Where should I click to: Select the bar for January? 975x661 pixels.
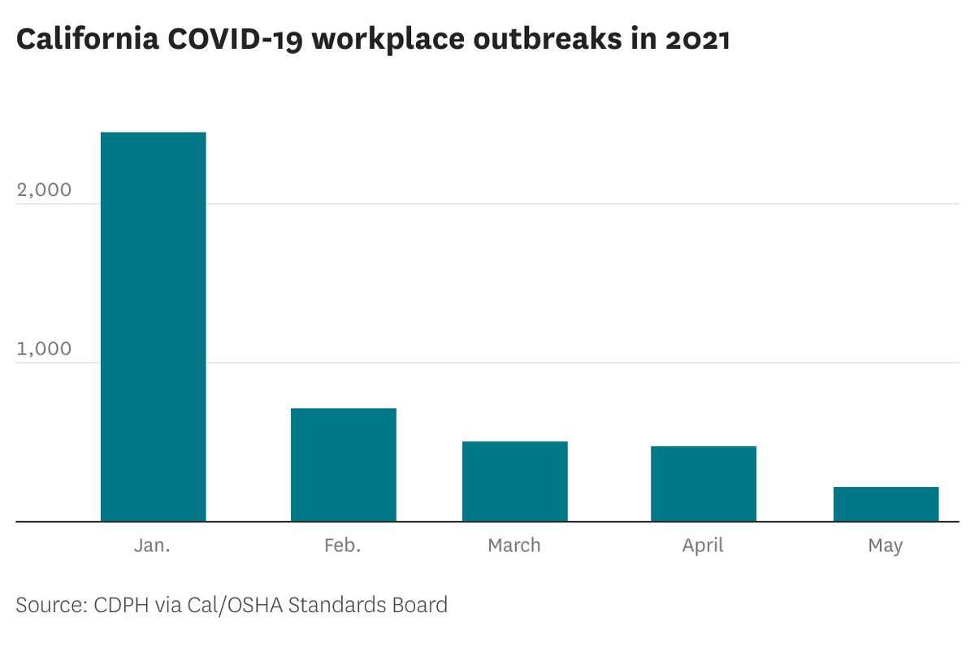pos(153,326)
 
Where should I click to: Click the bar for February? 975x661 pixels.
pos(343,464)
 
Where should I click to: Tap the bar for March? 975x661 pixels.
pos(514,481)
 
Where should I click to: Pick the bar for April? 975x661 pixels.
pos(703,483)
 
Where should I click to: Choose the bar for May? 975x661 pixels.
pos(885,504)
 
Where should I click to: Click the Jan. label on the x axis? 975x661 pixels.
pos(153,545)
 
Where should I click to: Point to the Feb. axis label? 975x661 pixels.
pos(343,545)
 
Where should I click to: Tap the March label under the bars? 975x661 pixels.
pos(514,545)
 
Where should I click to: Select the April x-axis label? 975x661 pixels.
pos(703,546)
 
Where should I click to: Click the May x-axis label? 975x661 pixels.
pos(885,546)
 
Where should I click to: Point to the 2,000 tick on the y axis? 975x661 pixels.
pos(44,189)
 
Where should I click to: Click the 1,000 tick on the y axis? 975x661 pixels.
pos(44,349)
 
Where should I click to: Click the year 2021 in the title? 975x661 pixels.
pos(697,40)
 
